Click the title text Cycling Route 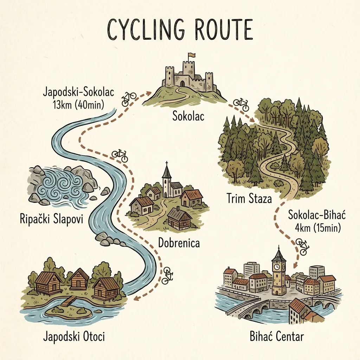click(180, 30)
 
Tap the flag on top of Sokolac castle click(192, 55)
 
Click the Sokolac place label click(188, 116)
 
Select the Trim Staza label click(249, 199)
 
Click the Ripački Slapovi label click(51, 220)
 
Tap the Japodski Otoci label click(74, 336)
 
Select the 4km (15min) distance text click(317, 228)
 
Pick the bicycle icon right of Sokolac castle click(241, 104)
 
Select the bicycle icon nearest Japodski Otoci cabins click(168, 275)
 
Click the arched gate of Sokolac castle click(182, 83)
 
